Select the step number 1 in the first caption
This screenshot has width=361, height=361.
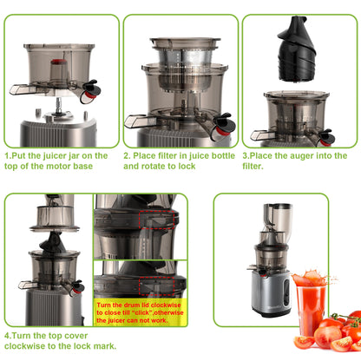click(7, 157)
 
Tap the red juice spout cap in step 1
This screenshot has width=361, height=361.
click(89, 87)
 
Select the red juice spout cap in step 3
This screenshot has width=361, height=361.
click(326, 136)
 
